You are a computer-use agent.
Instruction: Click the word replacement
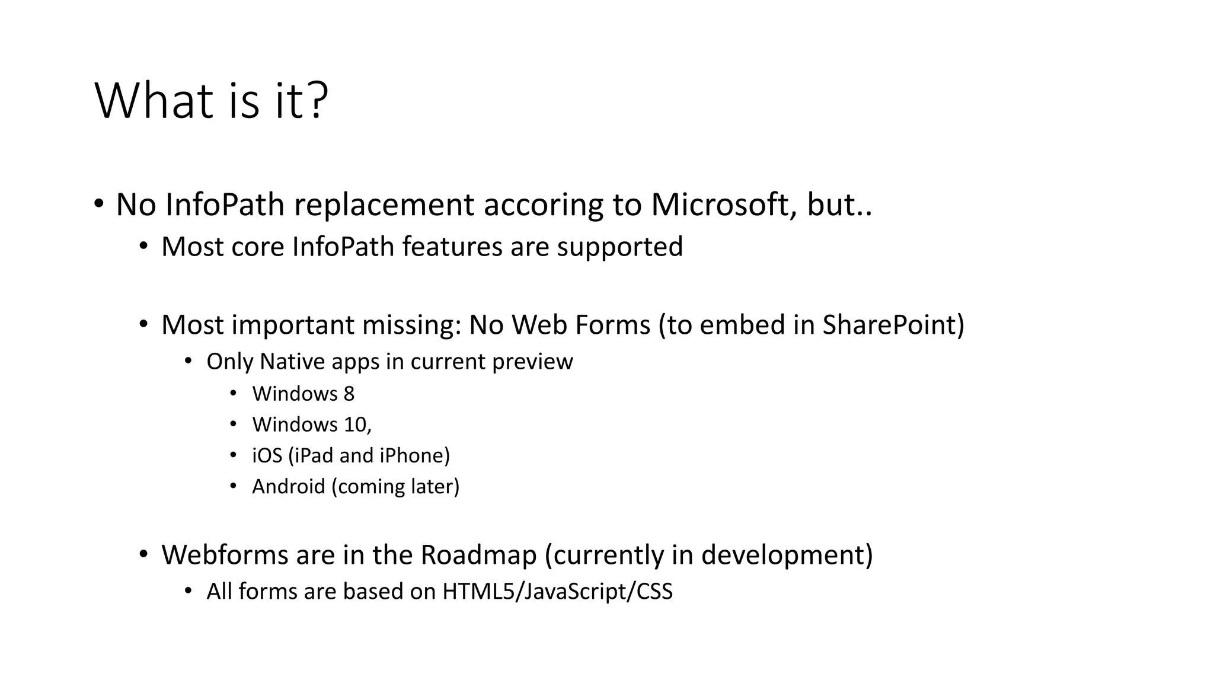pyautogui.click(x=384, y=206)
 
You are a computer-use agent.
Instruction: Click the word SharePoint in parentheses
pyautogui.click(x=889, y=325)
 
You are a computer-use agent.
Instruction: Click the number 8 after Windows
pyautogui.click(x=349, y=394)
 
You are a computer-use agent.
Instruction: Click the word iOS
pyautogui.click(x=267, y=455)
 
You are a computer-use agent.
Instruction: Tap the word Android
pyautogui.click(x=289, y=486)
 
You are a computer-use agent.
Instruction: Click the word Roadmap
pyautogui.click(x=478, y=555)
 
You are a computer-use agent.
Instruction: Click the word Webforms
pyautogui.click(x=224, y=555)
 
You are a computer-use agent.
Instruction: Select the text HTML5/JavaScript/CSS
pyautogui.click(x=557, y=592)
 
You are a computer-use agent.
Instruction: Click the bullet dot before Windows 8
pyautogui.click(x=233, y=393)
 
